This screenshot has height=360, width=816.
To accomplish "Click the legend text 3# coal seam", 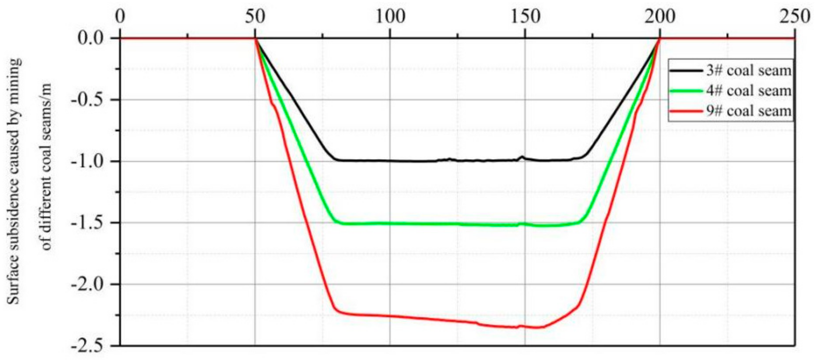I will click(748, 71).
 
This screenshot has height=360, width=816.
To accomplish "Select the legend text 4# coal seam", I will click(748, 91).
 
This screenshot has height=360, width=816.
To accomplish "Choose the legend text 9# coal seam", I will click(748, 111).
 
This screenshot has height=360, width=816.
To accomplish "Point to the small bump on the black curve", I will click(522, 157).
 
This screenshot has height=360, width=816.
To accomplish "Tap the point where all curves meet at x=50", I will click(255, 38).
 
